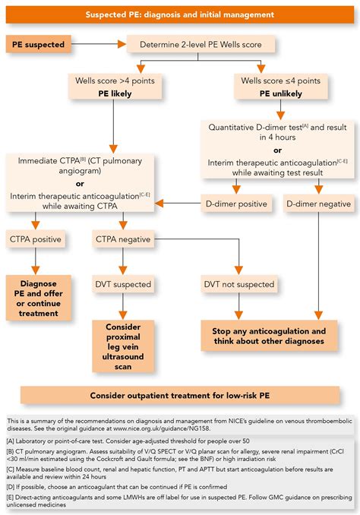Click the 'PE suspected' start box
(37, 45)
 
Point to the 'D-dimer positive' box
(236, 204)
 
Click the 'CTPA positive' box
(35, 240)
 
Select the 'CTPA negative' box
(124, 240)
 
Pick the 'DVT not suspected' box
(239, 285)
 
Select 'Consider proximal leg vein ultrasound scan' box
(124, 345)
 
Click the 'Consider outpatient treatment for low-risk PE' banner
(181, 395)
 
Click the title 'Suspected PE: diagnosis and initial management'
(180, 15)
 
